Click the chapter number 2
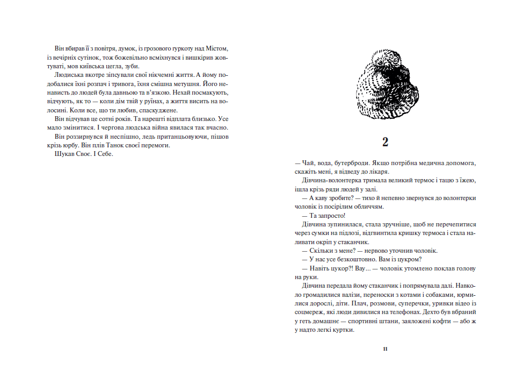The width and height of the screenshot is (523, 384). click(385, 143)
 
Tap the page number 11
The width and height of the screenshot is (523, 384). click(385, 349)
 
